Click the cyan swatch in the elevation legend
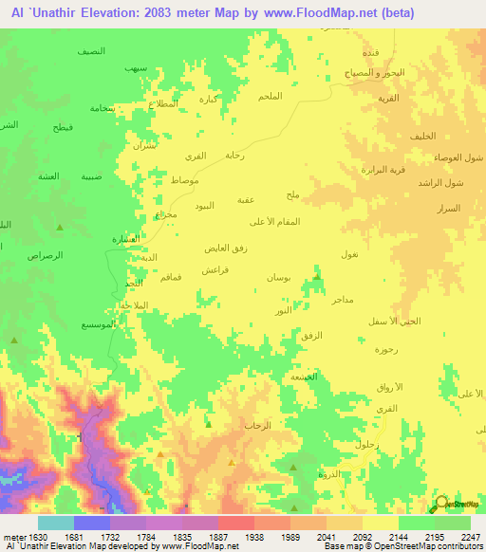pos(55,523)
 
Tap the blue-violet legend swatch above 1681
pos(91,523)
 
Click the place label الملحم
pos(270,97)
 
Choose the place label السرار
pos(448,208)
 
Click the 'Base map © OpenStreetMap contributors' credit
pos(402,546)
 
